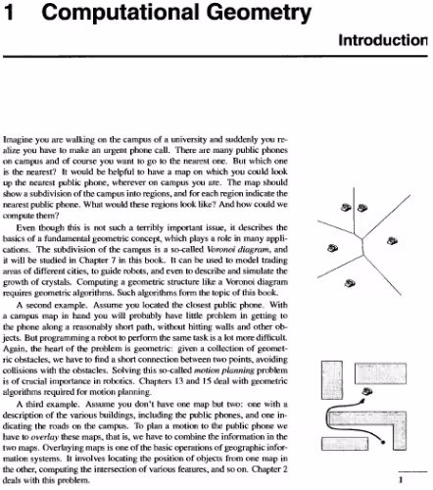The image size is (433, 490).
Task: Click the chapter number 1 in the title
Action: coord(8,13)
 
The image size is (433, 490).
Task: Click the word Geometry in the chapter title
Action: coord(191,14)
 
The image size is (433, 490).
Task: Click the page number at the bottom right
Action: coord(428,479)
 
